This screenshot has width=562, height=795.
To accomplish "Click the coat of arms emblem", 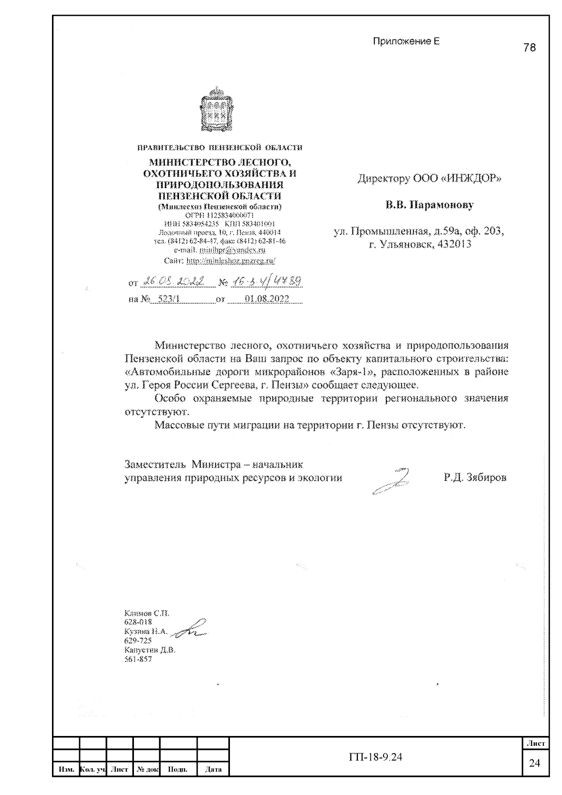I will [x=216, y=109].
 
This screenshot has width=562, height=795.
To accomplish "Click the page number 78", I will [x=529, y=47].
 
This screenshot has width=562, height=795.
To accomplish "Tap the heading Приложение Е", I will [x=406, y=41].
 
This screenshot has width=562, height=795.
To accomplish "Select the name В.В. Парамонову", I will [x=429, y=205].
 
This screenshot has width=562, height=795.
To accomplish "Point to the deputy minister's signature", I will [x=391, y=482].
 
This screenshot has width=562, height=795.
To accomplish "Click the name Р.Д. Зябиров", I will [x=475, y=478].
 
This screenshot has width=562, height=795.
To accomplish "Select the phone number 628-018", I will [x=138, y=622].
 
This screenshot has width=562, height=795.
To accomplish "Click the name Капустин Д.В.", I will [x=149, y=650].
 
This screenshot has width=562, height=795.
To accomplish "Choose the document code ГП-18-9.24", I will [x=376, y=757].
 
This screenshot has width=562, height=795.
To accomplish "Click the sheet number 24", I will [x=534, y=763].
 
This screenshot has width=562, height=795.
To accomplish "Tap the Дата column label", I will [x=213, y=769].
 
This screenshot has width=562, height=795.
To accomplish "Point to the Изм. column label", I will [x=66, y=769].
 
